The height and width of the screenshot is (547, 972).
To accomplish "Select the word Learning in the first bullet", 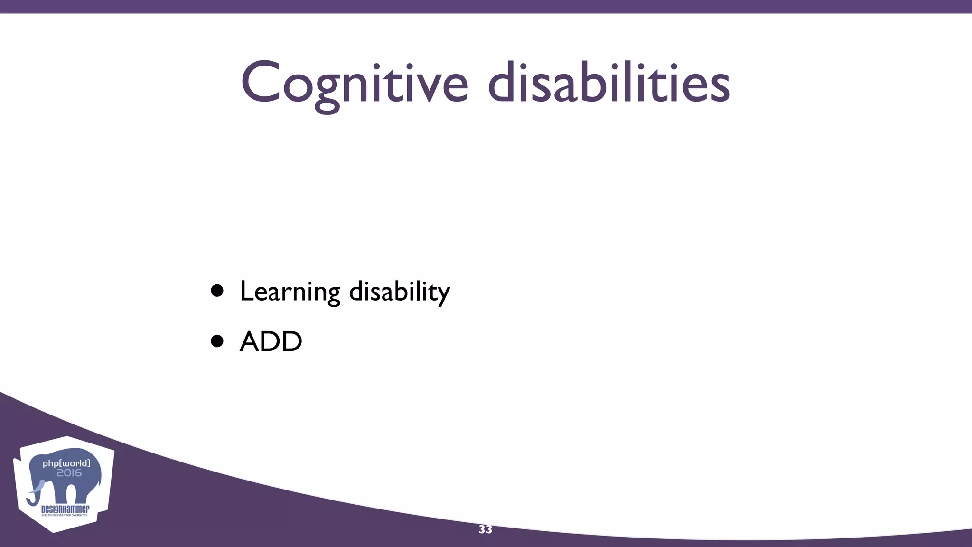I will pyautogui.click(x=290, y=291).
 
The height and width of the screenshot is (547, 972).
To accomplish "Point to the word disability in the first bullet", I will pyautogui.click(x=399, y=291).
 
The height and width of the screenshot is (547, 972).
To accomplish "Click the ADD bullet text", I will pyautogui.click(x=271, y=341).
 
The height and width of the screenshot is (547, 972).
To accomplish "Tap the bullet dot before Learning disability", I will pyautogui.click(x=217, y=291).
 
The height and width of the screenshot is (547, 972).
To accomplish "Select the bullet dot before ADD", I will pyautogui.click(x=217, y=341).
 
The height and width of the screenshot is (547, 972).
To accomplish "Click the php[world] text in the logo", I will pyautogui.click(x=66, y=463).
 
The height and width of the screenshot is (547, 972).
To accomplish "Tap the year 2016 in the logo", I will pyautogui.click(x=69, y=473).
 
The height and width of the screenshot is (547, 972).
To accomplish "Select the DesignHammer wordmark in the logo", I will pyautogui.click(x=65, y=509).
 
